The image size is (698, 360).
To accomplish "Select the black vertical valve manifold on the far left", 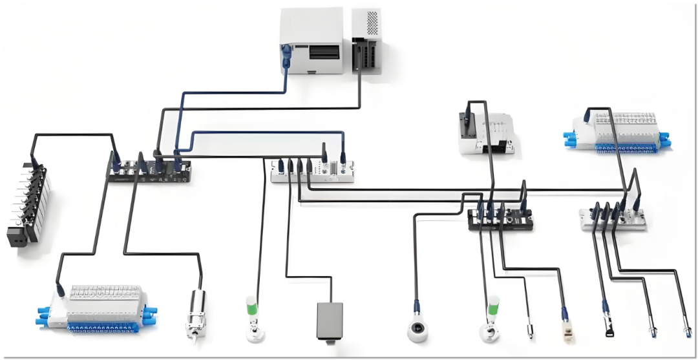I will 28,204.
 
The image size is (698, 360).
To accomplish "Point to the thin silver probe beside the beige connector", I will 530,330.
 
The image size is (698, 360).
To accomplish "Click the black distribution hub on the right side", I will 501,220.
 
